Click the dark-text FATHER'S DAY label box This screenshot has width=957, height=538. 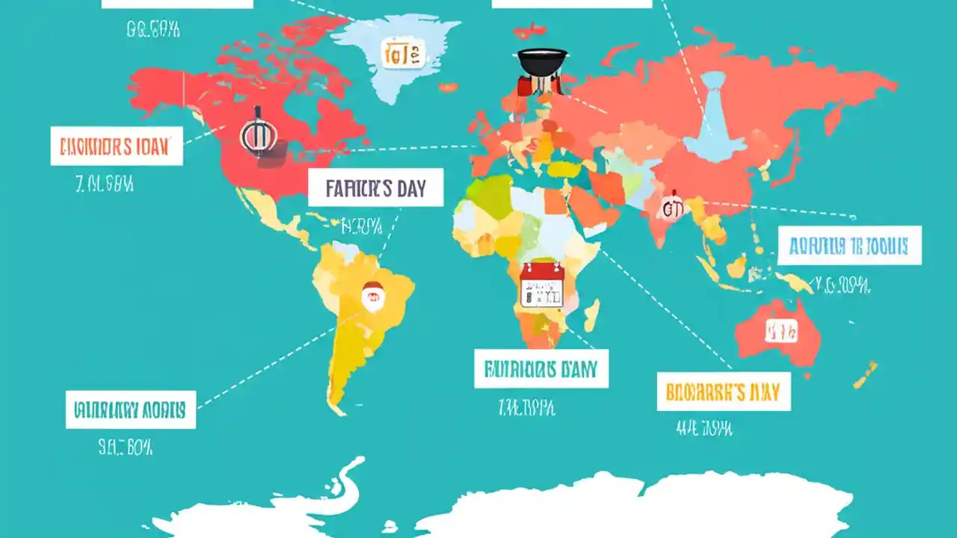click(375, 188)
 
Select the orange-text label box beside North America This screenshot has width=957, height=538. click(116, 146)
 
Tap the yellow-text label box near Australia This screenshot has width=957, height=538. click(723, 391)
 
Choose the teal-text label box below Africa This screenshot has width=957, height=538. click(541, 368)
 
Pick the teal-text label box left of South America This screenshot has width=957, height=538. click(131, 409)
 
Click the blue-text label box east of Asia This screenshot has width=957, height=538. click(849, 246)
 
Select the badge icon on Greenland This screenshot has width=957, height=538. click(402, 54)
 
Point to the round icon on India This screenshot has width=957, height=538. click(672, 208)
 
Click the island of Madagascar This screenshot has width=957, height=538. click(591, 315)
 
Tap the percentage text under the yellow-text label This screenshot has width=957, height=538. click(704, 428)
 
